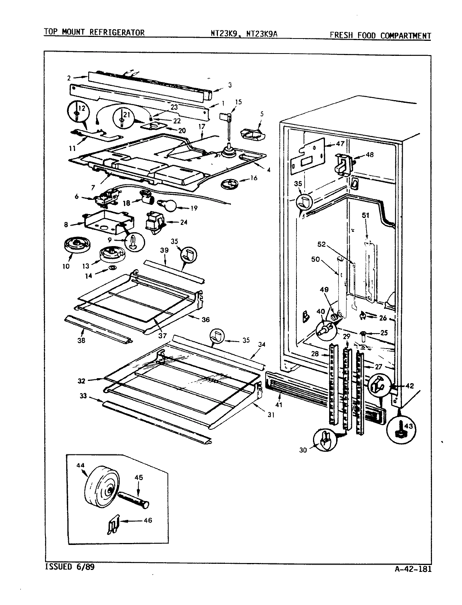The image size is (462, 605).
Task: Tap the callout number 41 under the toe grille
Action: pos(278,405)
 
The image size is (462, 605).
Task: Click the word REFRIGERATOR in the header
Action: pos(117,33)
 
